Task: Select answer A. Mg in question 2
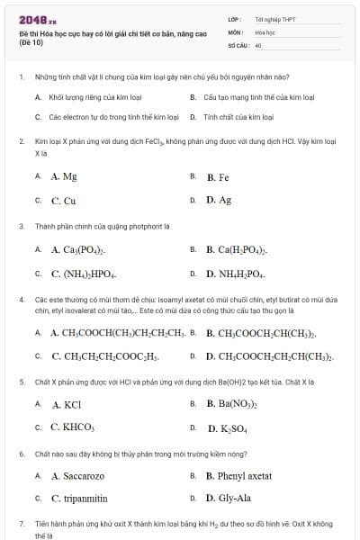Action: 64,177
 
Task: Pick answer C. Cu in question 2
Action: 63,201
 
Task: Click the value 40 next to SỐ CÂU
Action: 258,44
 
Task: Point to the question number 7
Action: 21,523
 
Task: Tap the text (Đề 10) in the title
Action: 29,42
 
